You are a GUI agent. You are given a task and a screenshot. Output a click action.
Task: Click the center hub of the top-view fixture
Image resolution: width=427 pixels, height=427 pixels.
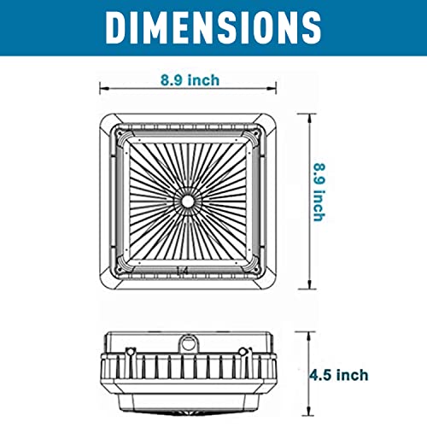186,198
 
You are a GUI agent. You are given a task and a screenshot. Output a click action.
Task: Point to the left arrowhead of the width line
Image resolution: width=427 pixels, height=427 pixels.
102,86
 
